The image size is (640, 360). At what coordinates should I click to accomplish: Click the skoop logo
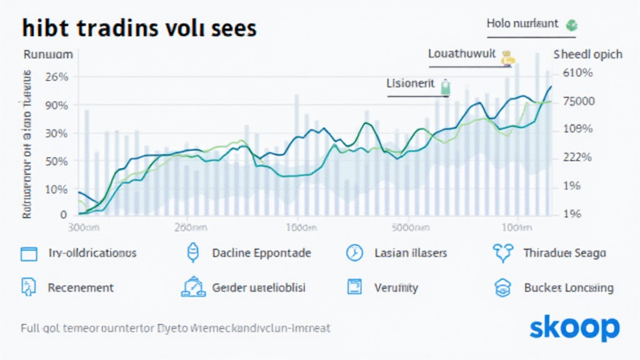pos(574,327)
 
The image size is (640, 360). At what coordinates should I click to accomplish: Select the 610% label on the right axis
pos(577,73)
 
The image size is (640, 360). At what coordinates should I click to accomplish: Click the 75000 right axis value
pos(579,101)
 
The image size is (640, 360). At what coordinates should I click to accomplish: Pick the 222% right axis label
pos(577,157)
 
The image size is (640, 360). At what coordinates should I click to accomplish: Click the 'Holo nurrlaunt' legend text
pos(522,24)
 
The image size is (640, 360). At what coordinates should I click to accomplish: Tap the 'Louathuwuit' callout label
pos(462,54)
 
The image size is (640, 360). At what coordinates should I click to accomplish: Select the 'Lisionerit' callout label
pos(410,84)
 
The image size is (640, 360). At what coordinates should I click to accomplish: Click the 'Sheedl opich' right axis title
pos(587,54)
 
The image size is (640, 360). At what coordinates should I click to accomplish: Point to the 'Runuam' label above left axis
pos(47,54)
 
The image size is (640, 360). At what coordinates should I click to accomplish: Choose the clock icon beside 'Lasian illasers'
pos(354,253)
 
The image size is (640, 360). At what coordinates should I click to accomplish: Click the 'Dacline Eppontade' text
pos(261,253)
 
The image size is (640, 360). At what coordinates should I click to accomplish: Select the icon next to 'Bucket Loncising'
pos(503,287)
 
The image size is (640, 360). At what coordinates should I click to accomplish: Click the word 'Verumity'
pos(396,287)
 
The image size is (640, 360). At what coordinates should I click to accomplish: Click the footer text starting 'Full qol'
pos(175,327)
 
